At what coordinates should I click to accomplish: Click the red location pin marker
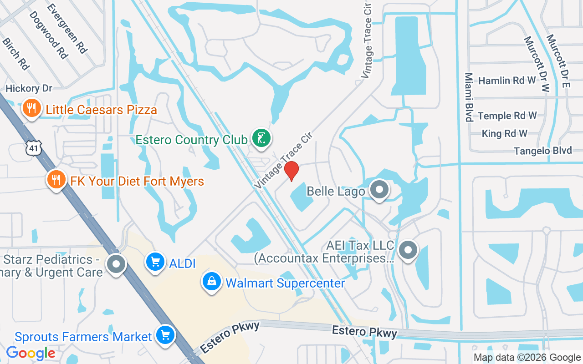point(291,171)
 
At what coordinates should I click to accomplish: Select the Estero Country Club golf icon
point(261,138)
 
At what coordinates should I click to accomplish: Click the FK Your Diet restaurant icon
point(56,180)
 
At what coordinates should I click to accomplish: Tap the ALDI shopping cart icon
point(155,262)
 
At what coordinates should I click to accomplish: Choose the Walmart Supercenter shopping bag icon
point(212,282)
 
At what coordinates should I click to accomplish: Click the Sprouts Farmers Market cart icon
point(165,336)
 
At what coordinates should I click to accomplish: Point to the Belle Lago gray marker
point(379,190)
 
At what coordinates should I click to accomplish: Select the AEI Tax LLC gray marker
point(408,250)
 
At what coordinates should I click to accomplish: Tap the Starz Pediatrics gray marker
point(116,264)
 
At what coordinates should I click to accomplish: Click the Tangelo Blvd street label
point(543,151)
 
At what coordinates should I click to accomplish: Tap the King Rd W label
point(504,133)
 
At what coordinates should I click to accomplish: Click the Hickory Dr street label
point(29,88)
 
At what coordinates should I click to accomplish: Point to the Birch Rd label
point(15,54)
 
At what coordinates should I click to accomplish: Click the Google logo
point(31,353)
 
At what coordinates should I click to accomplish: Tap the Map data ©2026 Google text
point(527,357)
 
